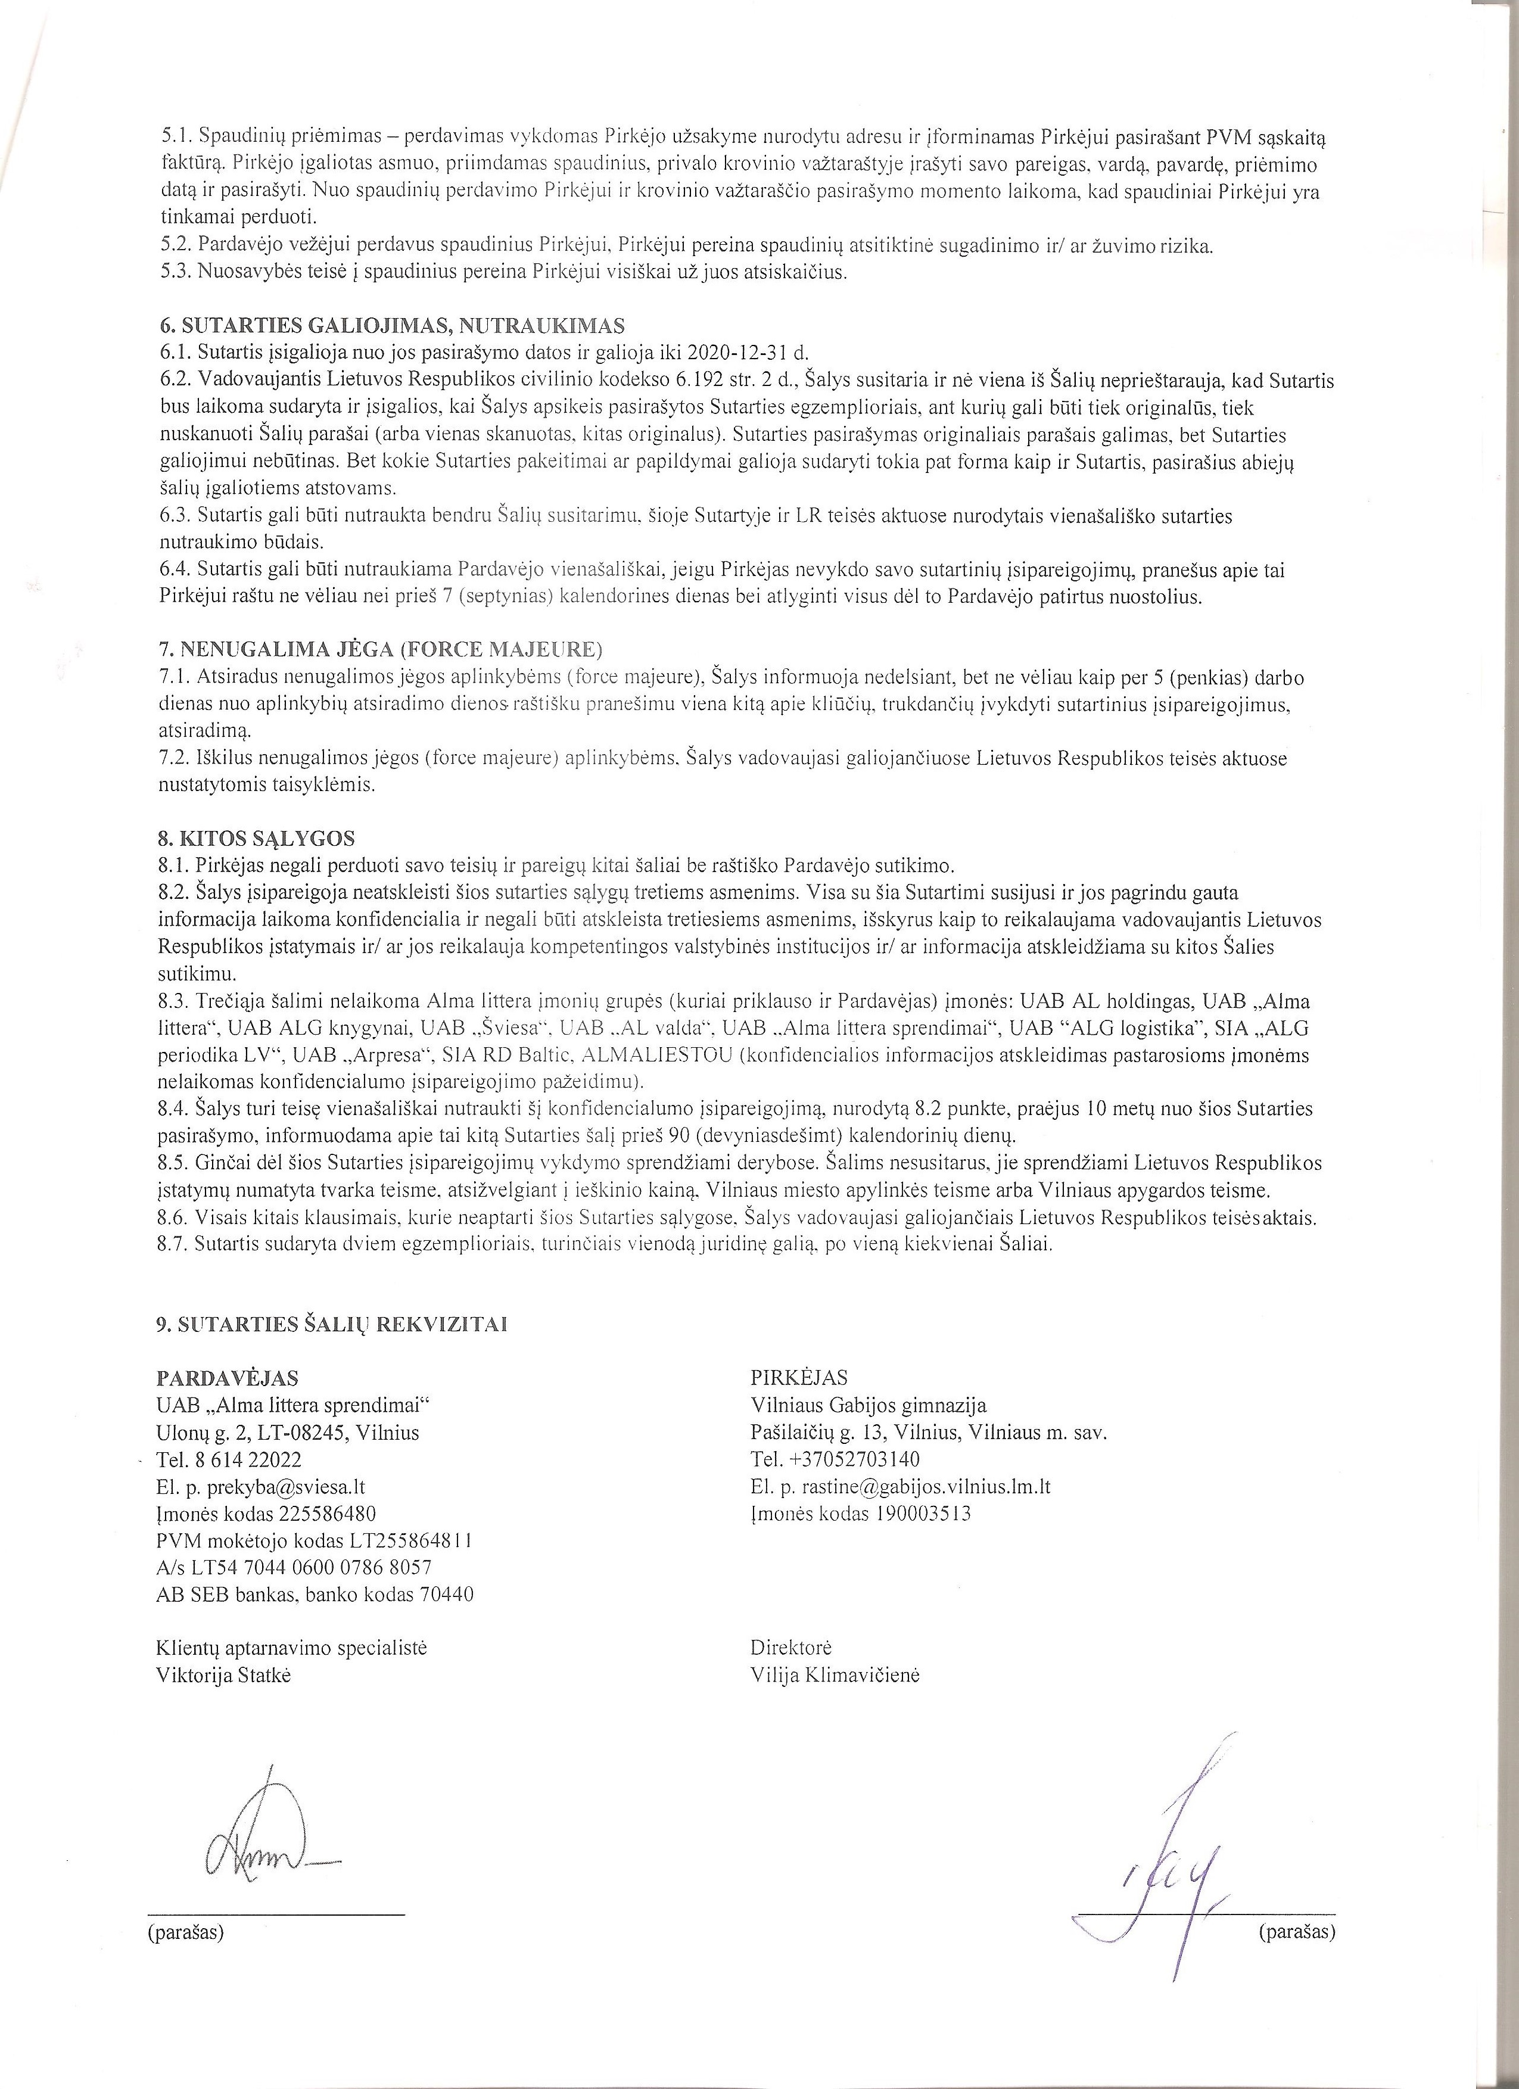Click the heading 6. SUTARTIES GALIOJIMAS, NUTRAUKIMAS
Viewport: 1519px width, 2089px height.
[391, 326]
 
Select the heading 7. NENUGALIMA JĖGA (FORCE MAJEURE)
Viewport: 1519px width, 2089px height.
[381, 650]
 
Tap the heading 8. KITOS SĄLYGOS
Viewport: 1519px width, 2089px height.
[256, 839]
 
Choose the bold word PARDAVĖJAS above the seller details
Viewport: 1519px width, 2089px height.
[228, 1378]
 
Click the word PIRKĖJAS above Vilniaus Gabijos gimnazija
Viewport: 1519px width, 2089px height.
[799, 1378]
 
